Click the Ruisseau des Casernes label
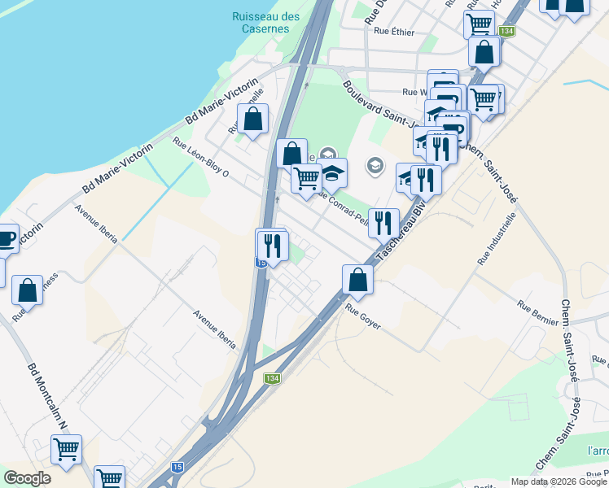point(265,22)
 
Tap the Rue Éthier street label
point(394,32)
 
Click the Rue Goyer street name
point(363,310)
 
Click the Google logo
point(27,478)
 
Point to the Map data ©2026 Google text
point(559,481)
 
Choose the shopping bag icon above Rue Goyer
point(357,279)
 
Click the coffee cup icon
point(5,238)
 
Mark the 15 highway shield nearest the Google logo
point(177,468)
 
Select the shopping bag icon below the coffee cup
point(28,290)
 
